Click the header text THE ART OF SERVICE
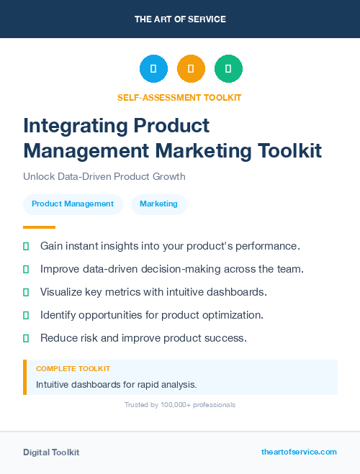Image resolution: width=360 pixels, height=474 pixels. (180, 19)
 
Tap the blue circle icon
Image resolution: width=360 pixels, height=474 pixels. (153, 68)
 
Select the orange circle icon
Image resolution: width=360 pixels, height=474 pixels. (191, 68)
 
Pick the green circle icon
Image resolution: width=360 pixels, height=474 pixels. (228, 68)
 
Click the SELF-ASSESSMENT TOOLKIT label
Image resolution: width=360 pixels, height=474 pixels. (179, 97)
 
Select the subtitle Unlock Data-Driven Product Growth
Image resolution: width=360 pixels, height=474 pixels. (104, 176)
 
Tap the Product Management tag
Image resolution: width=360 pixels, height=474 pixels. (73, 204)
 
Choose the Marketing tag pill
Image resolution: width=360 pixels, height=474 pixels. (158, 204)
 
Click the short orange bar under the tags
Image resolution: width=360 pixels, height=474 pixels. (39, 227)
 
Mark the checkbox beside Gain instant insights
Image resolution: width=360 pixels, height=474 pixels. (26, 246)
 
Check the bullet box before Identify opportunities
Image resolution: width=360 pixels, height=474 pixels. (26, 315)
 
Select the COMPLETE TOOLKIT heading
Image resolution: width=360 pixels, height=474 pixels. (73, 368)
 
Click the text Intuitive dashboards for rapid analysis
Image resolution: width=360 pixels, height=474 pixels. (116, 384)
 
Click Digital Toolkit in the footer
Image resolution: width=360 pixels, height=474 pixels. (51, 452)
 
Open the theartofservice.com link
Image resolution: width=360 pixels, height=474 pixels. (299, 452)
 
